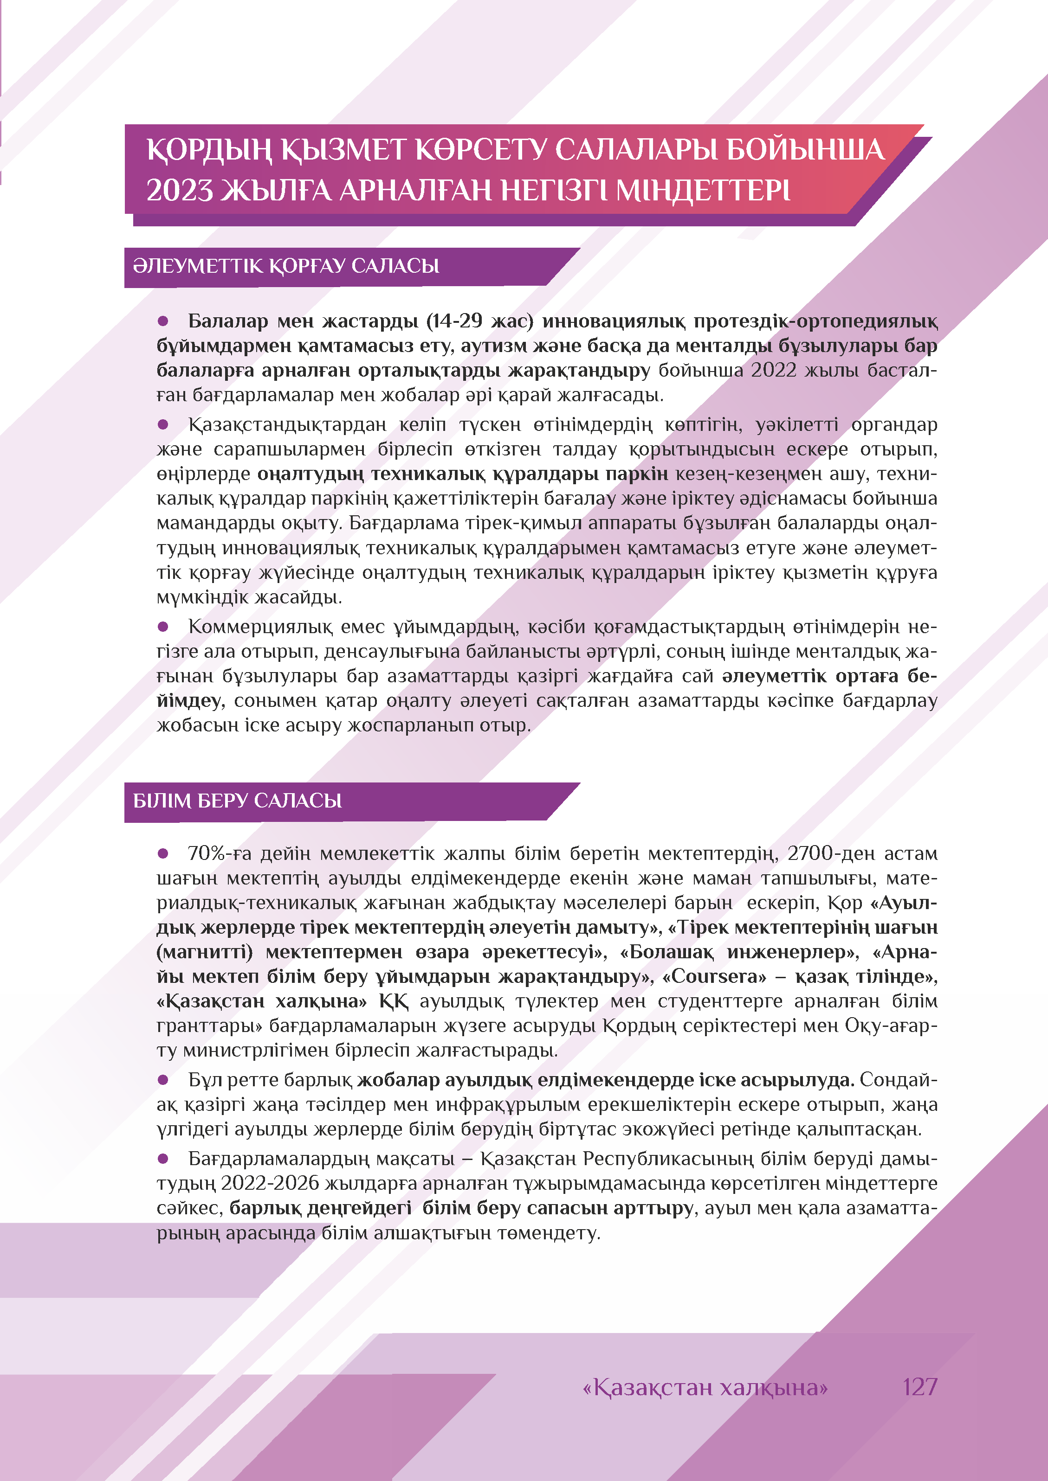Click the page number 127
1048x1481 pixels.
point(919,1386)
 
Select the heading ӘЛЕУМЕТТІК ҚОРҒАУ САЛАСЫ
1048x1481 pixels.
point(286,266)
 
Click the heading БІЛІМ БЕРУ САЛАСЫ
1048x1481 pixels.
point(238,801)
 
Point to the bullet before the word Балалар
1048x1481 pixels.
point(163,321)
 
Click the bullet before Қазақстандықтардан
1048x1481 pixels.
point(163,424)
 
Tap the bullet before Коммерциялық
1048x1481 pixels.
point(163,626)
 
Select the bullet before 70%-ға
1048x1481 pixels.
point(163,853)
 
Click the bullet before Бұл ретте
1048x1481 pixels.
point(163,1080)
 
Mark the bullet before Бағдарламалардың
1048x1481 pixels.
point(163,1159)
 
